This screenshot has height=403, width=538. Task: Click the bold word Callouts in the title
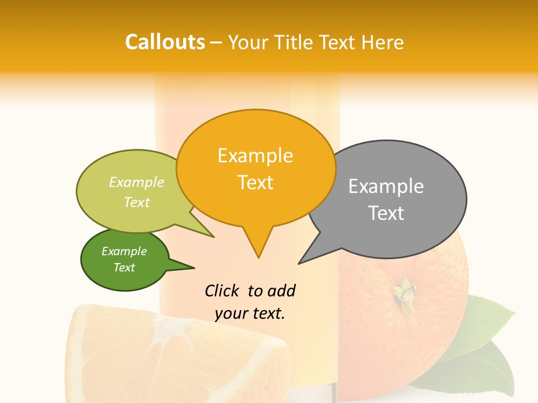click(x=165, y=42)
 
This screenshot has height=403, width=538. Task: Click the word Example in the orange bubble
click(x=255, y=156)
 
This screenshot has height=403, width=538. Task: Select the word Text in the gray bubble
click(x=386, y=213)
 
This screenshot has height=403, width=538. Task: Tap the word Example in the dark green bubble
click(x=124, y=251)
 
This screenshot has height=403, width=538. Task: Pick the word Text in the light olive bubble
click(x=137, y=202)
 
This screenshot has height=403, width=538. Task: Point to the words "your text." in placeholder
click(x=250, y=313)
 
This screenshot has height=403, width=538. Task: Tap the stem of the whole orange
click(x=403, y=291)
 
